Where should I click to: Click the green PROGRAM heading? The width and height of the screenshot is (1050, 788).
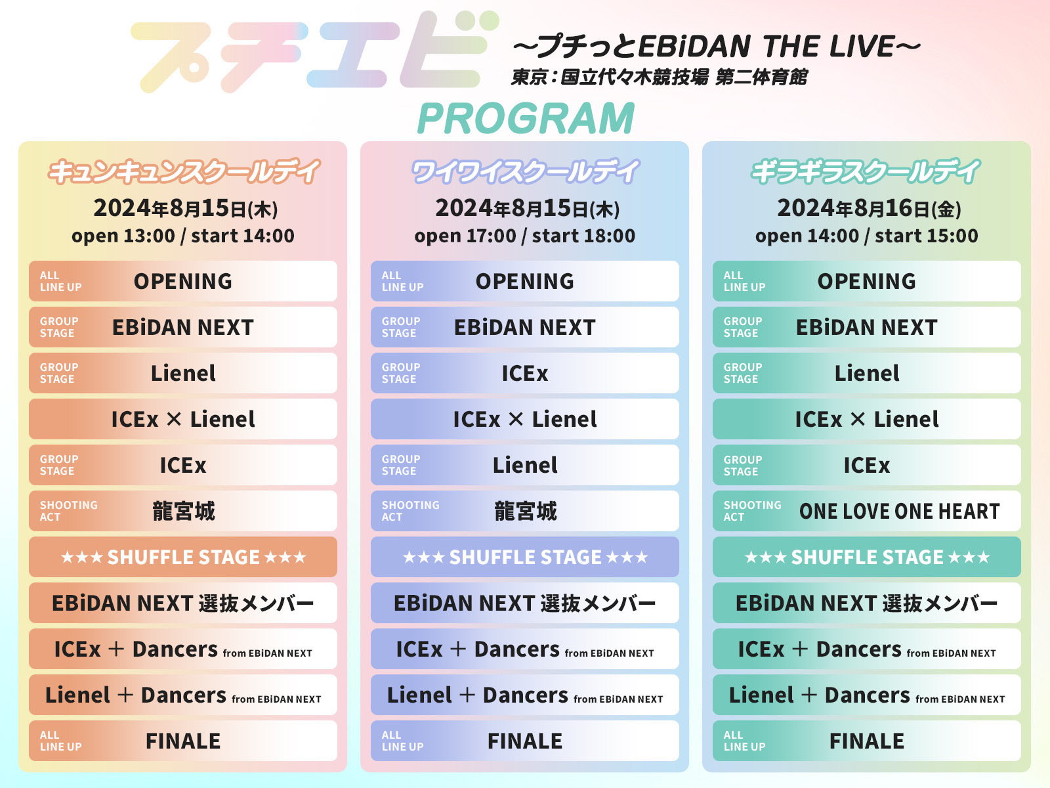point(526,118)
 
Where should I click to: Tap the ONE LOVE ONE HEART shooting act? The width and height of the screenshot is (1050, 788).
point(899,511)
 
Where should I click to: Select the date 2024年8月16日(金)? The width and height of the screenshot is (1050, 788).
point(869,208)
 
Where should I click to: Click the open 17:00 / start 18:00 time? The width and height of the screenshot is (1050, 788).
point(525,236)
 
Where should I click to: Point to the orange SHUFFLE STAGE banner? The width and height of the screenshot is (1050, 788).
point(182,557)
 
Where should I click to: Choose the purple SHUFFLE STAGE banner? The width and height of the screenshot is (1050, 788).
point(525,557)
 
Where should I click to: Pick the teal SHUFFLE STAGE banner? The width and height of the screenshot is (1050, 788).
point(866,557)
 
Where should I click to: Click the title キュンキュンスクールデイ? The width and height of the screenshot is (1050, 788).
point(184,171)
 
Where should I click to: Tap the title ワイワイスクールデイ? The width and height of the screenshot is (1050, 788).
point(525,171)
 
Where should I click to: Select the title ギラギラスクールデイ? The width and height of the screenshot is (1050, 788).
point(866,171)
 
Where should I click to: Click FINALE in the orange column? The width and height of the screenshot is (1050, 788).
point(182,741)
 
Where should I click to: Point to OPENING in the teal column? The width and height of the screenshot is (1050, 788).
point(866,281)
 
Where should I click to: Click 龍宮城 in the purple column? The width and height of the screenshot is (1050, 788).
point(525,511)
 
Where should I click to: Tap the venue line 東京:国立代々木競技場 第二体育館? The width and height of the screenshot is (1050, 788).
point(659,77)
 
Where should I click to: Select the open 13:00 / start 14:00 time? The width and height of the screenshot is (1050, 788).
point(182,236)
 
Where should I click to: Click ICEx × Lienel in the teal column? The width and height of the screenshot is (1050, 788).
point(866,419)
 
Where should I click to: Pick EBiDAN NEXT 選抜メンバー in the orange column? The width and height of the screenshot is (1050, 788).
point(182,603)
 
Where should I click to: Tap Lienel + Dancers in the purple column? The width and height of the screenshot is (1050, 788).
point(525,695)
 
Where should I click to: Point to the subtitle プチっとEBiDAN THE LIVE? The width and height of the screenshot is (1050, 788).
point(717,47)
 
